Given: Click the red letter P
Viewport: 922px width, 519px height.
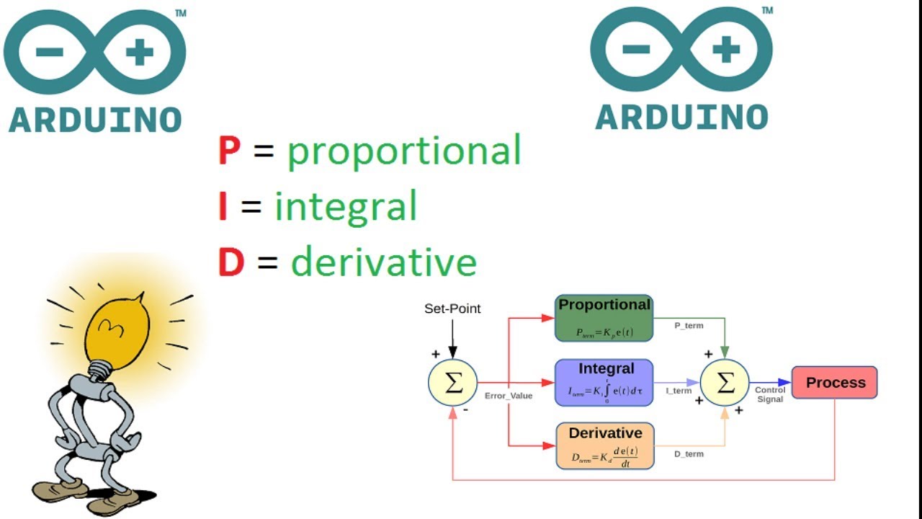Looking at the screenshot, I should click(229, 151).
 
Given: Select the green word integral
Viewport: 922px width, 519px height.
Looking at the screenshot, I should click(346, 207).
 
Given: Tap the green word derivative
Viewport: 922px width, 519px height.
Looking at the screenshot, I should click(383, 262).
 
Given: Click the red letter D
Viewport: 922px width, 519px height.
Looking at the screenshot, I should click(231, 262).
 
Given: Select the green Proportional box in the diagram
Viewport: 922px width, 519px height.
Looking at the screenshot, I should click(604, 318).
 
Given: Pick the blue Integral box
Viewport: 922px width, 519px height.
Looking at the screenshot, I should click(604, 383).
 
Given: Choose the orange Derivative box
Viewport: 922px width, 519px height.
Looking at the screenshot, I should click(604, 445).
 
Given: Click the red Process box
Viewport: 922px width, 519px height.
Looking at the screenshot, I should click(834, 383).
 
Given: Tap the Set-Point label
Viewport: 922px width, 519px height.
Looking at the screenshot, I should click(452, 309).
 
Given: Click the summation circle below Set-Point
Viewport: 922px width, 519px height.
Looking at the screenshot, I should click(452, 383).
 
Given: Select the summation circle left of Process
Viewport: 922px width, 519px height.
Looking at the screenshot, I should click(725, 383).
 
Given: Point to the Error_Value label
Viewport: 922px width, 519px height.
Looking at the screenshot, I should click(509, 396).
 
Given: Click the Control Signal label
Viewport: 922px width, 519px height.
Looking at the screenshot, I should click(770, 394).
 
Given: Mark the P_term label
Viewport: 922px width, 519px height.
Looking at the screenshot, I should click(689, 326).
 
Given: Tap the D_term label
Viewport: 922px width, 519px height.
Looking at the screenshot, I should click(689, 454).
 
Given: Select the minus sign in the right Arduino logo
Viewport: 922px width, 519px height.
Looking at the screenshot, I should click(636, 50).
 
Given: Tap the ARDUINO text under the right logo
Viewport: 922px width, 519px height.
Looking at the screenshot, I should click(681, 117).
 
